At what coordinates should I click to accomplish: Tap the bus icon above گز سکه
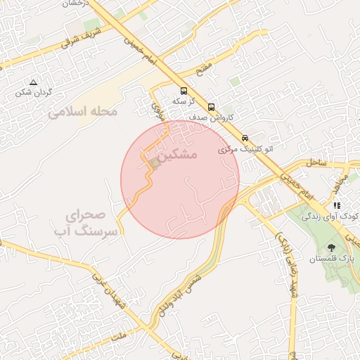(184, 91)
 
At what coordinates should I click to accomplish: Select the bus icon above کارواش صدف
(212, 108)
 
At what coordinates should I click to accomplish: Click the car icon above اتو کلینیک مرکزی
(245, 138)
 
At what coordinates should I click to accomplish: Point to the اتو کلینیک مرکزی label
(245, 149)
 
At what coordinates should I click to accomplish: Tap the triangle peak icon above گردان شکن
(33, 82)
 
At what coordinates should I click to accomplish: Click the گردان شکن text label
(33, 92)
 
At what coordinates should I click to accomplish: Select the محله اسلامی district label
(83, 111)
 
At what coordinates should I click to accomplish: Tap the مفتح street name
(204, 70)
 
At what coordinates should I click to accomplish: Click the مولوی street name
(157, 105)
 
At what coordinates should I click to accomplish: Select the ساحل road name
(316, 162)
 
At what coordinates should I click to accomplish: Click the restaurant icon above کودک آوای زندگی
(337, 205)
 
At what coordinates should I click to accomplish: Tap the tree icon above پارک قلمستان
(331, 247)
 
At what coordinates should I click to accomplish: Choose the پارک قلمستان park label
(331, 259)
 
